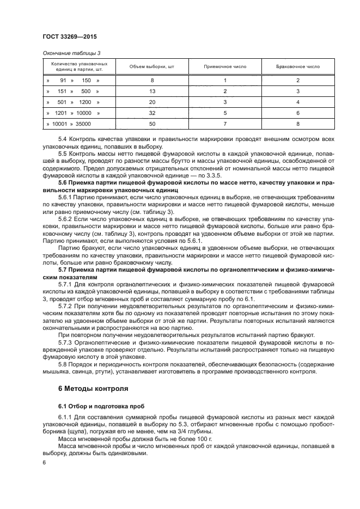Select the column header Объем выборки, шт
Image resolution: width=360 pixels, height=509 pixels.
coord(152,66)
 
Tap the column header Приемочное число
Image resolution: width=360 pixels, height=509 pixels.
coord(225,66)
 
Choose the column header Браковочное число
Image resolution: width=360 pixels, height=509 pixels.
coord(298,66)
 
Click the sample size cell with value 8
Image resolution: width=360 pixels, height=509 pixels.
coord(152,81)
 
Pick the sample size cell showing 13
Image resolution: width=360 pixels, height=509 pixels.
coord(152,91)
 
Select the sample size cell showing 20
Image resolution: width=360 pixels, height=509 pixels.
coord(152,102)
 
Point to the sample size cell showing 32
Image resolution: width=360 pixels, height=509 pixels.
coord(152,113)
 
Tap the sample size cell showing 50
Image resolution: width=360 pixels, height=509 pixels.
coord(152,124)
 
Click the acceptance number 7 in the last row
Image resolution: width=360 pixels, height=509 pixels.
coord(225,124)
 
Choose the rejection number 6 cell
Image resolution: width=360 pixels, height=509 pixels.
coord(298,113)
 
